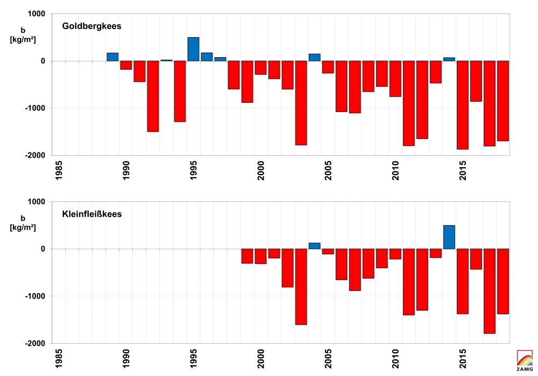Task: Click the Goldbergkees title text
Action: pyautogui.click(x=91, y=26)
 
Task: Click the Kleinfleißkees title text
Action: pyautogui.click(x=91, y=214)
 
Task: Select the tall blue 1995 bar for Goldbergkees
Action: pyautogui.click(x=193, y=49)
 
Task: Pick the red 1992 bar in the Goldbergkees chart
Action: pyautogui.click(x=153, y=96)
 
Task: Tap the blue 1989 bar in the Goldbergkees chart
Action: pyautogui.click(x=112, y=57)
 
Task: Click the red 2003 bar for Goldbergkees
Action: pyautogui.click(x=301, y=103)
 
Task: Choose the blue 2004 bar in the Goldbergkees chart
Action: pyautogui.click(x=314, y=57)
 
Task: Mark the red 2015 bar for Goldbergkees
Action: pyautogui.click(x=463, y=105)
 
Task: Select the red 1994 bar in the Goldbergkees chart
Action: pyautogui.click(x=180, y=91)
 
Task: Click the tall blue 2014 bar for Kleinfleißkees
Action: pyautogui.click(x=449, y=237)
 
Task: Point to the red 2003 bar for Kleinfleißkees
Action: pyautogui.click(x=301, y=287)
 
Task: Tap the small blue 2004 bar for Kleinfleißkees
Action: pyautogui.click(x=314, y=246)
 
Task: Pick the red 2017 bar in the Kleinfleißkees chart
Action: pyautogui.click(x=490, y=291)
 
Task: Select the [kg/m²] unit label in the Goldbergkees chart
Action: pyautogui.click(x=23, y=40)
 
